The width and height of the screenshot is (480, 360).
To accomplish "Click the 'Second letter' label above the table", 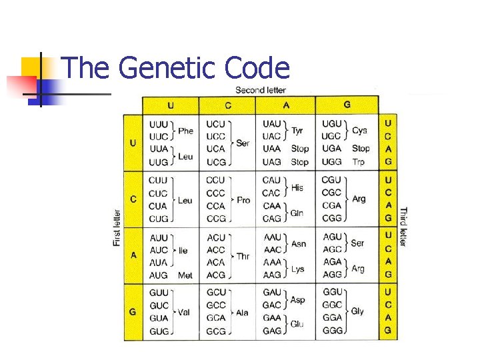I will click(x=261, y=90).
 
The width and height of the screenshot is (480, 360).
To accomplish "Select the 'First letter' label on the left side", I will click(x=117, y=228).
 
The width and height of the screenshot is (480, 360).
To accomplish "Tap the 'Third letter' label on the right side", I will click(x=403, y=227).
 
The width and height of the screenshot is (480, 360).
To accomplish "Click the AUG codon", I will click(x=159, y=275).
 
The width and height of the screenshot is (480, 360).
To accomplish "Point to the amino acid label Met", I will click(x=185, y=275).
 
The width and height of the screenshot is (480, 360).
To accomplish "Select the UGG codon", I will click(x=331, y=161).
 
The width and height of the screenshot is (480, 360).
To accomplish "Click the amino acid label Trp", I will click(x=359, y=162).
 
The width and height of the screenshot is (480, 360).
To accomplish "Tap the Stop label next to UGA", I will click(x=361, y=149).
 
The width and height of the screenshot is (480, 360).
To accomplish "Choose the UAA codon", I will click(x=273, y=149).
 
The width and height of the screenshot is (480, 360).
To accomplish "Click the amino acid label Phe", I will click(x=185, y=131).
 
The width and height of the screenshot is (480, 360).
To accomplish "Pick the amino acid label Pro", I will click(x=243, y=200).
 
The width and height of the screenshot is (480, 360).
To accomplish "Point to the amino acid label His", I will click(x=297, y=188).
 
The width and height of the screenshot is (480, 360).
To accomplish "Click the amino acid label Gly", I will click(x=357, y=311).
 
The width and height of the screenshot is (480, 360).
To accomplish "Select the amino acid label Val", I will click(x=184, y=312).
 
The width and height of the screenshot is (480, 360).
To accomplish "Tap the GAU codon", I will click(x=272, y=293).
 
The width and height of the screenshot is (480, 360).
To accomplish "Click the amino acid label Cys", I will click(x=359, y=131).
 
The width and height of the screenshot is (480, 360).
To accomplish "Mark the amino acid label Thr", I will click(x=243, y=256).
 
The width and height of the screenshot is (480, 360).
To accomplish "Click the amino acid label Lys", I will click(x=297, y=269).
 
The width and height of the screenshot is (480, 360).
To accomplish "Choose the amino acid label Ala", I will click(x=242, y=312).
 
